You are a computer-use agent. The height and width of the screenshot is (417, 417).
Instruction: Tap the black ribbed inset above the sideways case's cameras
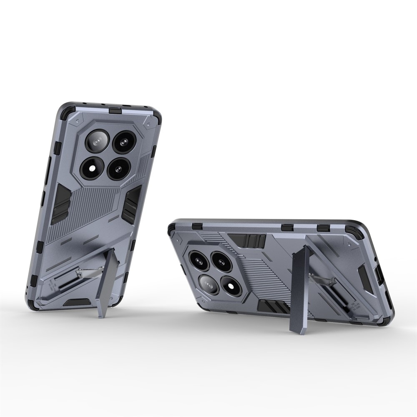(251, 240)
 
